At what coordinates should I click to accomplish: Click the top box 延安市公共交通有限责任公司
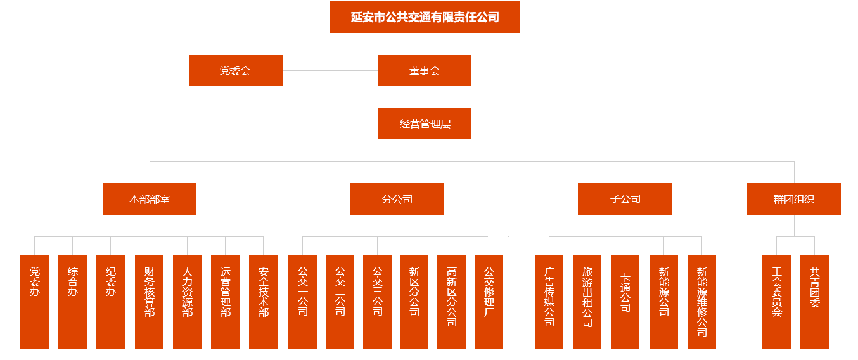click(x=424, y=17)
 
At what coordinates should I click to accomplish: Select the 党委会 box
click(x=235, y=70)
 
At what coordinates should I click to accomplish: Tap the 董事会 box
click(x=424, y=70)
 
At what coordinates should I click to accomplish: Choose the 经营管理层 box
click(x=424, y=124)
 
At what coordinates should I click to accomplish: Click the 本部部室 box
click(x=150, y=199)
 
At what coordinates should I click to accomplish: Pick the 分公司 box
click(x=397, y=199)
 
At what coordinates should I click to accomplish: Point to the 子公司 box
click(x=624, y=199)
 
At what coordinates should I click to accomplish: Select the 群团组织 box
click(x=793, y=199)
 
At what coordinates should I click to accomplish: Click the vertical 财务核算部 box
click(x=149, y=301)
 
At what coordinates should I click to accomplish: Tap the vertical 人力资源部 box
click(x=187, y=301)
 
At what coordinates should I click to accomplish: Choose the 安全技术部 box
click(x=263, y=301)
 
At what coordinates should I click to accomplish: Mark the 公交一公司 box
click(x=302, y=301)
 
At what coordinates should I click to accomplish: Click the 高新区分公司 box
click(x=451, y=301)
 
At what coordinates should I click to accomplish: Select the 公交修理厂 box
click(x=489, y=301)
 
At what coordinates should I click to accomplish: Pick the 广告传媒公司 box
click(x=549, y=301)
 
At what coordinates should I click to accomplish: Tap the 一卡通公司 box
click(x=625, y=301)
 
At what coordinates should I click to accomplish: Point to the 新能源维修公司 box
click(x=701, y=301)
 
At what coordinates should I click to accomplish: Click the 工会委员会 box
click(x=776, y=301)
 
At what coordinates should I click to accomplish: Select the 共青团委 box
click(x=814, y=301)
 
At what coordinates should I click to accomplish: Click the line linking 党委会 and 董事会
click(x=330, y=70)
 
